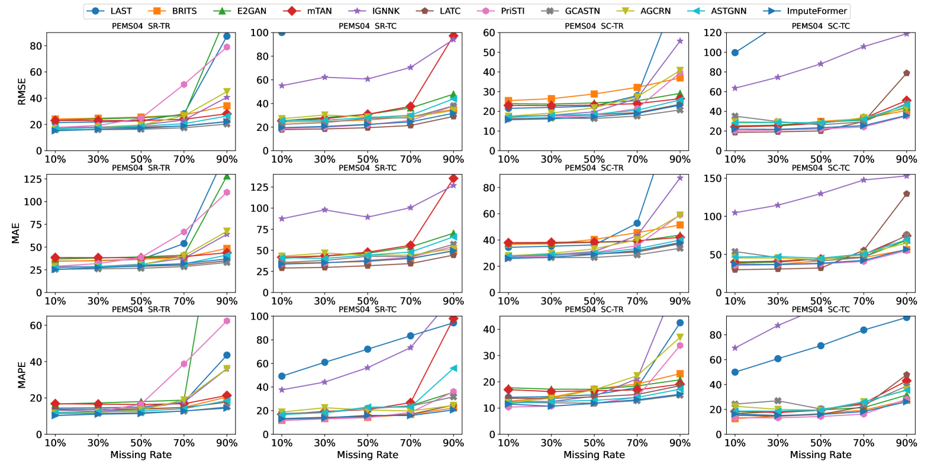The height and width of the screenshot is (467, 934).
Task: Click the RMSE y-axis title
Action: coord(22,91)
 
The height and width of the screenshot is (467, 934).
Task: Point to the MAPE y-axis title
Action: coord(22,375)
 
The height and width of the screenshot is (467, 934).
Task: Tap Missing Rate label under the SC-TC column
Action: coord(820,455)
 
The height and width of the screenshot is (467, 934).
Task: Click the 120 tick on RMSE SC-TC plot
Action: coord(713,33)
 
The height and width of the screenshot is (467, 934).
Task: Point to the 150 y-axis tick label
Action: coord(712,178)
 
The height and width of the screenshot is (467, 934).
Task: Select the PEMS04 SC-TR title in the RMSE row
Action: coord(594,26)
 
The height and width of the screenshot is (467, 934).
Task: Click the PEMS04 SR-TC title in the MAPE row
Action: coord(368,310)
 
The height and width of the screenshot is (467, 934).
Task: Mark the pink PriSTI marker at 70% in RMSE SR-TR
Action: coord(184,85)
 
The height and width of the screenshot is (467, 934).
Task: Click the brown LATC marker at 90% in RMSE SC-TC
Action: coord(906,73)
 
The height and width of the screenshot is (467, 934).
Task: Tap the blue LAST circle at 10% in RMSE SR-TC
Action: coord(282,33)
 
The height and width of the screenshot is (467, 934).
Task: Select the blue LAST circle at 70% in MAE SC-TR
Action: coord(637,223)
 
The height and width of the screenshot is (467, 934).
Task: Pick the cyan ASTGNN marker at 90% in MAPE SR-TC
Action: coord(453,368)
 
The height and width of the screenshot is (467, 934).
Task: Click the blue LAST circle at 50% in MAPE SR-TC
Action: coord(368,349)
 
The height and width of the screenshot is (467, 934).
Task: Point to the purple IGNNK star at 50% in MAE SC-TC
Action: coord(820,194)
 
